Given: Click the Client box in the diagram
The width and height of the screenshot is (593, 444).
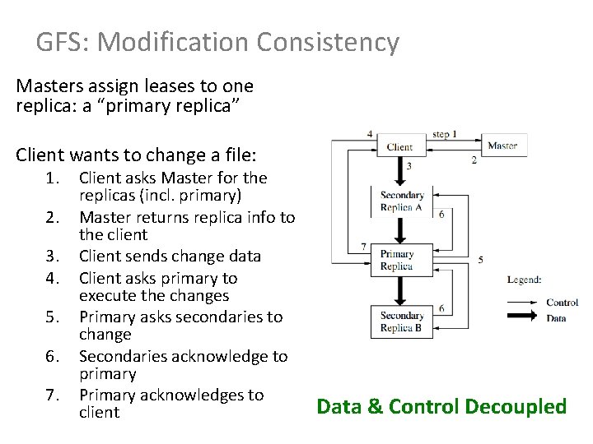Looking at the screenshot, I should coord(400,147).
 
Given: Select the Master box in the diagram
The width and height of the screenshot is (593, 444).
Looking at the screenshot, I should coord(502,146).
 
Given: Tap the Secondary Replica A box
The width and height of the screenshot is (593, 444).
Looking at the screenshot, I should coord(402,201).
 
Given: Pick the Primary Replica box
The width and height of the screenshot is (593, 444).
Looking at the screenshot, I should coord(397,261).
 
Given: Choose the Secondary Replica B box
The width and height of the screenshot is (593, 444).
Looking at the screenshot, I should coord(402,321).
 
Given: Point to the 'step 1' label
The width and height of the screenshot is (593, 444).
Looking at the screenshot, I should coord(445,134).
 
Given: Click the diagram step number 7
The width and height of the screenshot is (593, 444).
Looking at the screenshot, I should coord(363,246).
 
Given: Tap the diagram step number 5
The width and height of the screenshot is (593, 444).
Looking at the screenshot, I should coord(480,260).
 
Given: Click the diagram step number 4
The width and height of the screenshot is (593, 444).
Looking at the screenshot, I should coord(369,133).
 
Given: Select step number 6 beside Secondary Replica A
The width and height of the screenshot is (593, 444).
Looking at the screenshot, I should coord(441,214).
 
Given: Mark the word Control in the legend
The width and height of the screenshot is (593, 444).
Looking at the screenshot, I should coord(562,303).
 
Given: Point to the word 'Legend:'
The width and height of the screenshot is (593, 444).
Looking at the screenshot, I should coord(524,280).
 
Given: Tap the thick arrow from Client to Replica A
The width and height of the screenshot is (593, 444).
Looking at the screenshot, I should coord(399,168).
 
